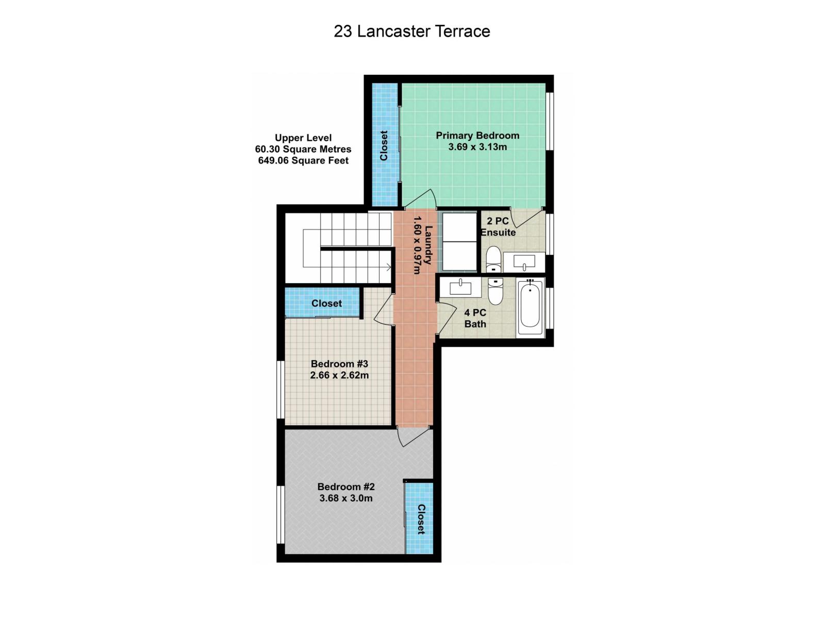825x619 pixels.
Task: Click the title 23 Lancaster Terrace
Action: click(411, 31)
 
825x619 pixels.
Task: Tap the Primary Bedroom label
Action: click(477, 136)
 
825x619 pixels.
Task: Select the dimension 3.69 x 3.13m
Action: click(477, 147)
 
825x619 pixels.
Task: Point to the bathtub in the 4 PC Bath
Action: click(530, 307)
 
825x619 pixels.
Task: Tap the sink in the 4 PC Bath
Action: click(460, 287)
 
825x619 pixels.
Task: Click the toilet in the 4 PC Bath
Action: click(496, 291)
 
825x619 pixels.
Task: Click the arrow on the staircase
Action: click(387, 267)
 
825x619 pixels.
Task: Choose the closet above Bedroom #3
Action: click(326, 303)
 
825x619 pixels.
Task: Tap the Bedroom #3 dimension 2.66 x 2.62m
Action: click(339, 376)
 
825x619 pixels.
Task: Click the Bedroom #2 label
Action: click(346, 486)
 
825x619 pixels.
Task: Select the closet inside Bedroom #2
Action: click(420, 519)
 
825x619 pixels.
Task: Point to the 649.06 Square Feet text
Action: click(303, 160)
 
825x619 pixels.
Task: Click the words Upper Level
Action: click(303, 138)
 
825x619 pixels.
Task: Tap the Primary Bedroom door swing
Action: click(423, 200)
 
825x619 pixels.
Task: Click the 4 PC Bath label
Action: click(475, 318)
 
